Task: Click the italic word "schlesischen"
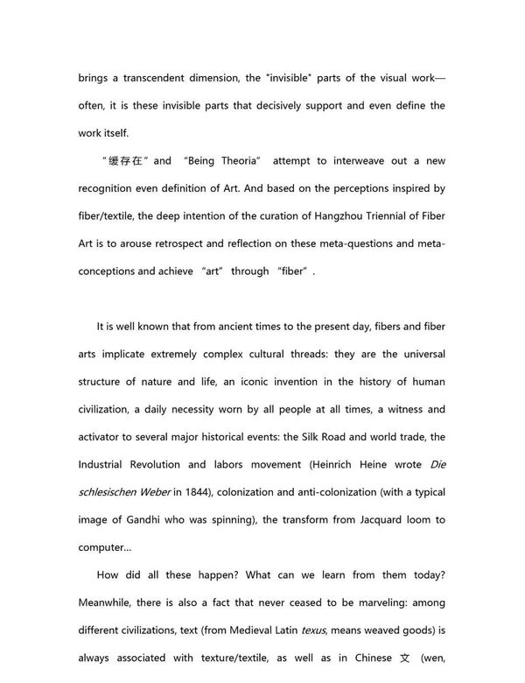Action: [x=112, y=493]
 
